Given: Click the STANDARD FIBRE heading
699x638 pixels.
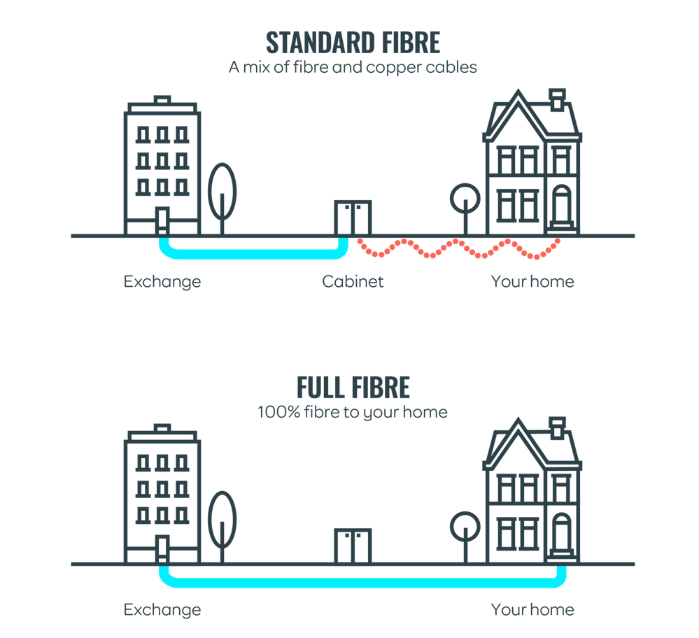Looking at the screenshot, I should coord(353,43).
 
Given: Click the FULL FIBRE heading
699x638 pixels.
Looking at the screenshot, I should coord(353,388).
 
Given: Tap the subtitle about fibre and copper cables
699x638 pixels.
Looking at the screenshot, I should coord(353,69).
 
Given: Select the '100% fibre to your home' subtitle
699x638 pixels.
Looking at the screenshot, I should coord(353,411).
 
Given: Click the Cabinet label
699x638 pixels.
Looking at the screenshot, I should coord(353,282).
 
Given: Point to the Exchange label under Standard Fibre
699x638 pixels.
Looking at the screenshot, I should coord(162,282).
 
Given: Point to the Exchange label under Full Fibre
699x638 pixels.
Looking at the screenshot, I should coord(162,609).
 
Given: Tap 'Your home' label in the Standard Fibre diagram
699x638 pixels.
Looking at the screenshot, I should coord(532,282).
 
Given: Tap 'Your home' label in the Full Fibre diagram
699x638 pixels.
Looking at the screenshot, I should coord(532,609).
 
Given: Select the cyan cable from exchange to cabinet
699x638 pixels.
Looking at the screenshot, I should coord(252,250).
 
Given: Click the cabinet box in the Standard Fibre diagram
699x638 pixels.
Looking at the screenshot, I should coord(353,218).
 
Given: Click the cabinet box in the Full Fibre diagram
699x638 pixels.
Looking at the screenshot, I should coord(353,545).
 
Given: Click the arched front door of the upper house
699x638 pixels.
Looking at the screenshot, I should coord(560,206).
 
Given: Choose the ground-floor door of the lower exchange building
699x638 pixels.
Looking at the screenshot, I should coord(162,548).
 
